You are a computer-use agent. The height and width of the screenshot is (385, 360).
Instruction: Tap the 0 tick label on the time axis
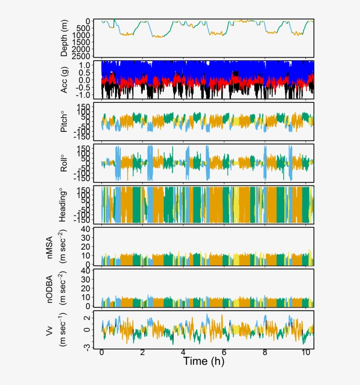102,353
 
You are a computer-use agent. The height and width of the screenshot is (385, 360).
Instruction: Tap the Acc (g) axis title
65,80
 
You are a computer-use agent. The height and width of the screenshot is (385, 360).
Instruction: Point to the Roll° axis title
65,163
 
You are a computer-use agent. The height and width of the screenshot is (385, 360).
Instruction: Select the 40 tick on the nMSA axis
86,229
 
